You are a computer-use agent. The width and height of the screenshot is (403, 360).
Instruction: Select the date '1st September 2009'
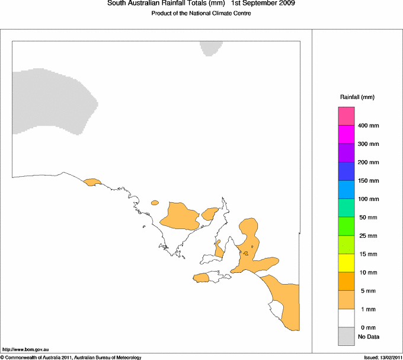pyautogui.click(x=263, y=4)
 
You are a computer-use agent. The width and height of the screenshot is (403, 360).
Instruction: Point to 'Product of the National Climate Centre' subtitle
pyautogui.click(x=201, y=14)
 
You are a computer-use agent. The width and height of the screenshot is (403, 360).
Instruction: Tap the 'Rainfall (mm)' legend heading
pyautogui.click(x=357, y=97)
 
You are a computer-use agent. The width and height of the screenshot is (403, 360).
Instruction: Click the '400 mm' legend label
pyautogui.click(x=369, y=126)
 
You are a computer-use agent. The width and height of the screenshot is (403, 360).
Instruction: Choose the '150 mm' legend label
pyautogui.click(x=369, y=181)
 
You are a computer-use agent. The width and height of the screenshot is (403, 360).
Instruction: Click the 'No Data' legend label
pyautogui.click(x=369, y=337)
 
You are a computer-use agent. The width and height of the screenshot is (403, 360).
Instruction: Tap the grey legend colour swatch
pyautogui.click(x=346, y=337)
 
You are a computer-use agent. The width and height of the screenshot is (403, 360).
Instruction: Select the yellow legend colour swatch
pyautogui.click(x=346, y=262)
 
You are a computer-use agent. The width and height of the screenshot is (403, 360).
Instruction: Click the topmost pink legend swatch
pyautogui.click(x=346, y=115)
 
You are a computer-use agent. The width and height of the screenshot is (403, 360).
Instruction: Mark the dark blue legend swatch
pyautogui.click(x=346, y=171)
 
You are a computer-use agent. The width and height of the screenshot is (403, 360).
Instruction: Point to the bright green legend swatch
pyautogui.click(x=346, y=225)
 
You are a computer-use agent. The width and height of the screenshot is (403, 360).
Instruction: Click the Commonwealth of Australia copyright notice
pyautogui.click(x=71, y=357)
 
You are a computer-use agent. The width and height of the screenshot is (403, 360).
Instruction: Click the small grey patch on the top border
pyautogui.click(x=211, y=47)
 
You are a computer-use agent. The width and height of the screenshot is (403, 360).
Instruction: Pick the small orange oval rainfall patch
pyautogui.click(x=155, y=203)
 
